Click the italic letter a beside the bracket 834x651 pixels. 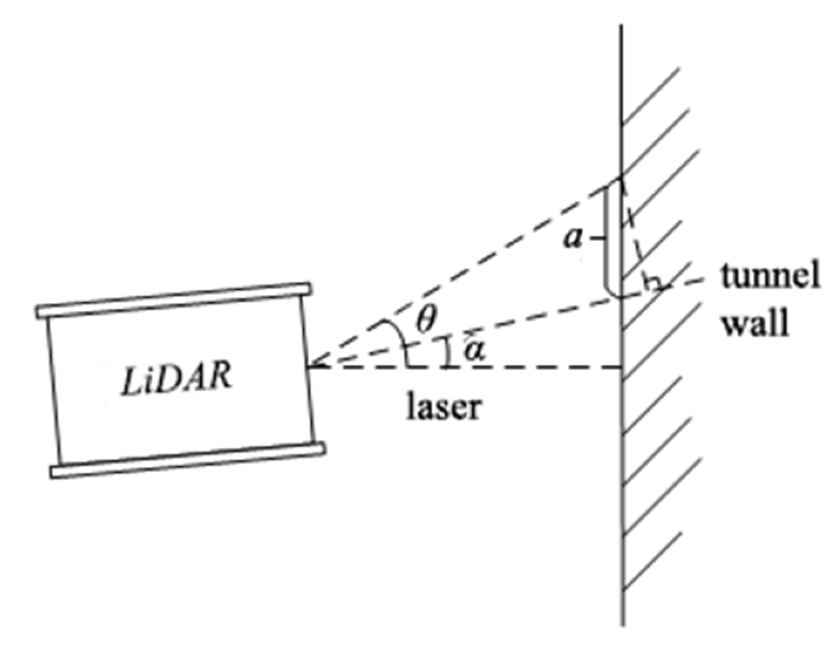[572, 238]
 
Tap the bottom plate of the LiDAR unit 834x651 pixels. [188, 461]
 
